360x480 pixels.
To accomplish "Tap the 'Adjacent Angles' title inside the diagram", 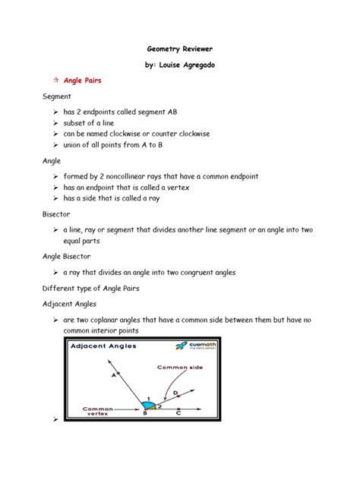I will (106, 347).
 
